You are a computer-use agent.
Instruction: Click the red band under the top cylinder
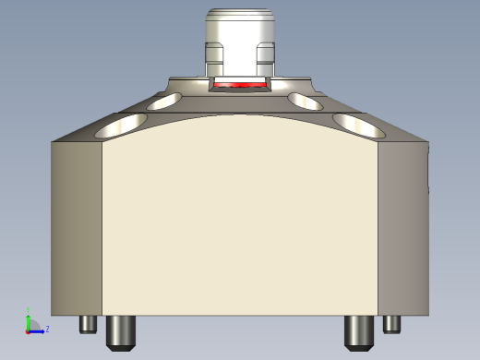click(x=240, y=84)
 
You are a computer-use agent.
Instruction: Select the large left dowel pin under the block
click(x=121, y=331)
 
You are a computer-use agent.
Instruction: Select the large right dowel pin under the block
click(x=359, y=331)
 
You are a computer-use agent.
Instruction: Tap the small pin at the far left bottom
click(x=90, y=324)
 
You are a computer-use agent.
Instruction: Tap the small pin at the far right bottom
click(x=392, y=324)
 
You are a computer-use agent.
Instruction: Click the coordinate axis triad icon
click(x=33, y=324)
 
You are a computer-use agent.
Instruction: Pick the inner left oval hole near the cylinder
click(x=165, y=101)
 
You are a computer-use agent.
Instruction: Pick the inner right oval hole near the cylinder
click(x=305, y=100)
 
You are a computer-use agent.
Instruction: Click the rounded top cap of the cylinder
click(x=240, y=16)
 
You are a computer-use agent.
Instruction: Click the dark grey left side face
click(x=77, y=226)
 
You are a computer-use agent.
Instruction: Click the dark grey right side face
click(x=403, y=226)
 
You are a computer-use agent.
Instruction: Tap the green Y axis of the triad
click(x=29, y=318)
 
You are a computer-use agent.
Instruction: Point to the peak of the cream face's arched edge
click(x=240, y=115)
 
